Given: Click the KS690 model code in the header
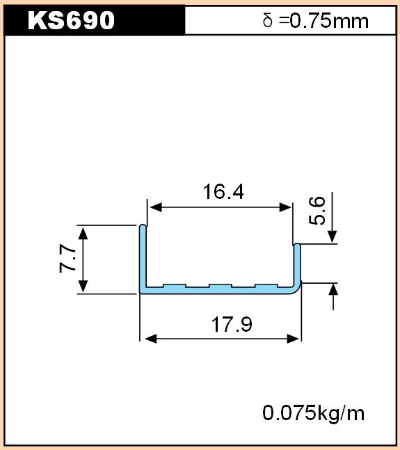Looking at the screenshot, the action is coord(71,20).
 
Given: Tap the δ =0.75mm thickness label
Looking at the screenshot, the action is coord(315,21).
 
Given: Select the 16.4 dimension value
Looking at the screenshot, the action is coord(223,192).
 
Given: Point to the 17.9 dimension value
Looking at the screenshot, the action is coord(232,324).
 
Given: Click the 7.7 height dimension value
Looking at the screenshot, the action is coord(67,258).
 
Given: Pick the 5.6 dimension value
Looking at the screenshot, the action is coord(317,211).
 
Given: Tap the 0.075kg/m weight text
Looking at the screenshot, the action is coord(313,414).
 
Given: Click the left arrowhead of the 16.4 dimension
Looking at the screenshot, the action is coord(156,207).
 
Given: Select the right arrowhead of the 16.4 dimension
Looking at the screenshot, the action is coord(285,207).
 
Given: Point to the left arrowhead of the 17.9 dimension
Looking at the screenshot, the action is coord(151,339).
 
